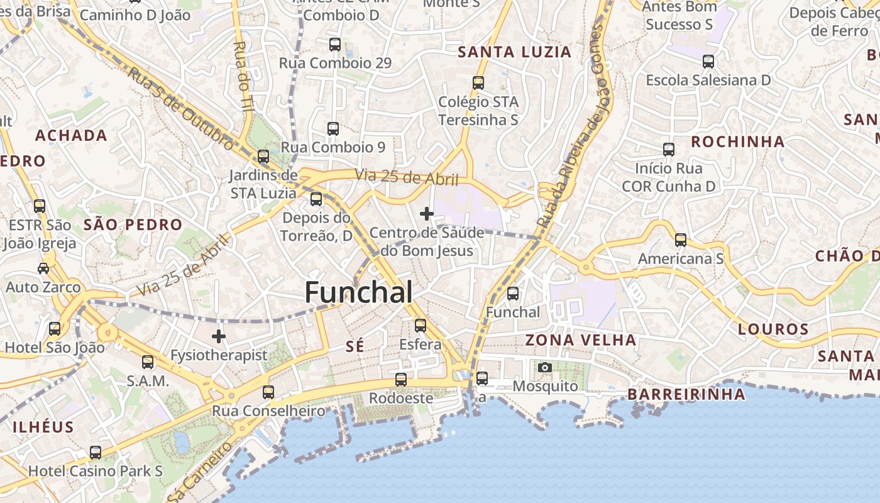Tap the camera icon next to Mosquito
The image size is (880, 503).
545,367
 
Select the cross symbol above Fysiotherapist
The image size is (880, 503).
218,336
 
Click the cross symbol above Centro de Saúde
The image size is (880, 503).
427,214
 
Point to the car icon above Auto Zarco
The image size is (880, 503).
43,268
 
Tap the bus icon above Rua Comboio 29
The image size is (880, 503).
335,45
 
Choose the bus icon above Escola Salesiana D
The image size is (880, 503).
708,62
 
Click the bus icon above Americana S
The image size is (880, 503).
681,240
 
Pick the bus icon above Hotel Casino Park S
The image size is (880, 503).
96,452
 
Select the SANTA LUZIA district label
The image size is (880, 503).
515,52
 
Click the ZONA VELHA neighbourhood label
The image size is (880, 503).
581,341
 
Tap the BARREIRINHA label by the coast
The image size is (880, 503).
686,395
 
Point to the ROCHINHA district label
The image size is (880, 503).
738,142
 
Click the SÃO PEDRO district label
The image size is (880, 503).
133,225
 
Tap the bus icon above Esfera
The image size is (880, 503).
421,326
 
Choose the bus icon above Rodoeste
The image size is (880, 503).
401,380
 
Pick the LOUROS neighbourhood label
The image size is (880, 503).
773,329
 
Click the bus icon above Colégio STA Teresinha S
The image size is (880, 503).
478,83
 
